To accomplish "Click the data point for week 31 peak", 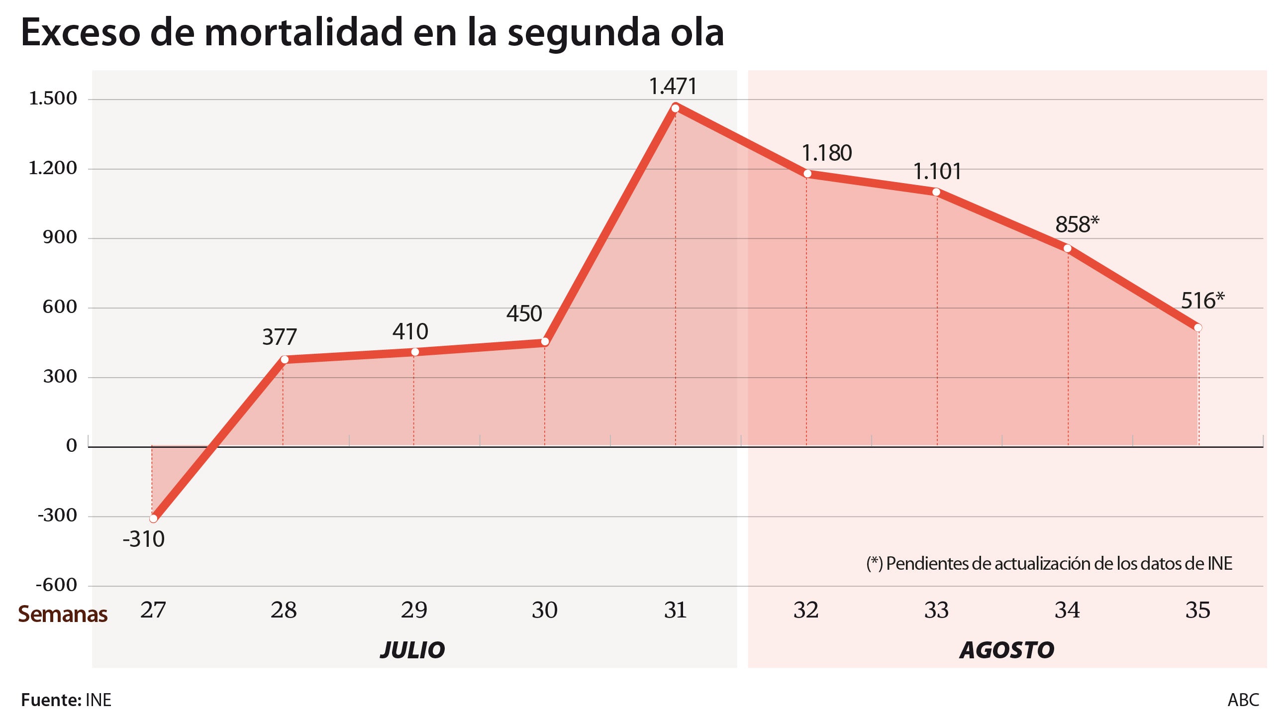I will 675,108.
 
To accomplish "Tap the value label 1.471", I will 673,87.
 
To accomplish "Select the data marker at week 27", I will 153,519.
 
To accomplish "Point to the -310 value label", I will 143,539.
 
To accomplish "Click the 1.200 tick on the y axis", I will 53,168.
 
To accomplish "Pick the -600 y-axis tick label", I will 56,585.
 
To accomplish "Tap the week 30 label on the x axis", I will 544,610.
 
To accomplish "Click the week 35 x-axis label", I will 1197,610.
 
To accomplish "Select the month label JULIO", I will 412,650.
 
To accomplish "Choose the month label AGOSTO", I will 1006,650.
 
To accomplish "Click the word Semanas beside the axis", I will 63,614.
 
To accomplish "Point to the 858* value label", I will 1077,225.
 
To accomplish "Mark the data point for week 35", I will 1197,327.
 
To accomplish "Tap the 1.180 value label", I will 827,153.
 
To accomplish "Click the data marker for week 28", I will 284,359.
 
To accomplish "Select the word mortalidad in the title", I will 303,33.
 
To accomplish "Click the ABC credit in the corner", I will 1243,700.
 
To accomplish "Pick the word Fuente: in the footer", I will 51,700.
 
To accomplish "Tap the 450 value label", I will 524,313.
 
